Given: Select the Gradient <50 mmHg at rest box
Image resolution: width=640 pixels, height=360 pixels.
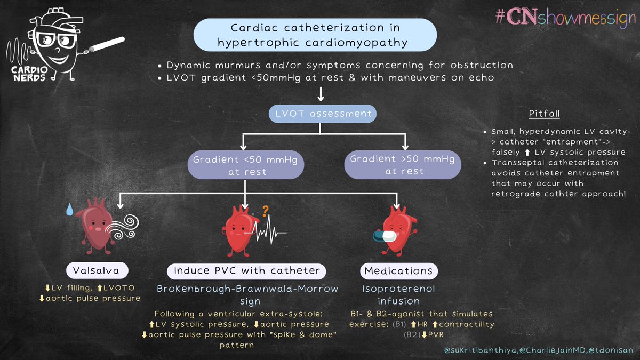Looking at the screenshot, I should (245, 165).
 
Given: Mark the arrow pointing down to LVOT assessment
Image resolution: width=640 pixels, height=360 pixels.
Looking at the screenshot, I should (320, 95).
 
